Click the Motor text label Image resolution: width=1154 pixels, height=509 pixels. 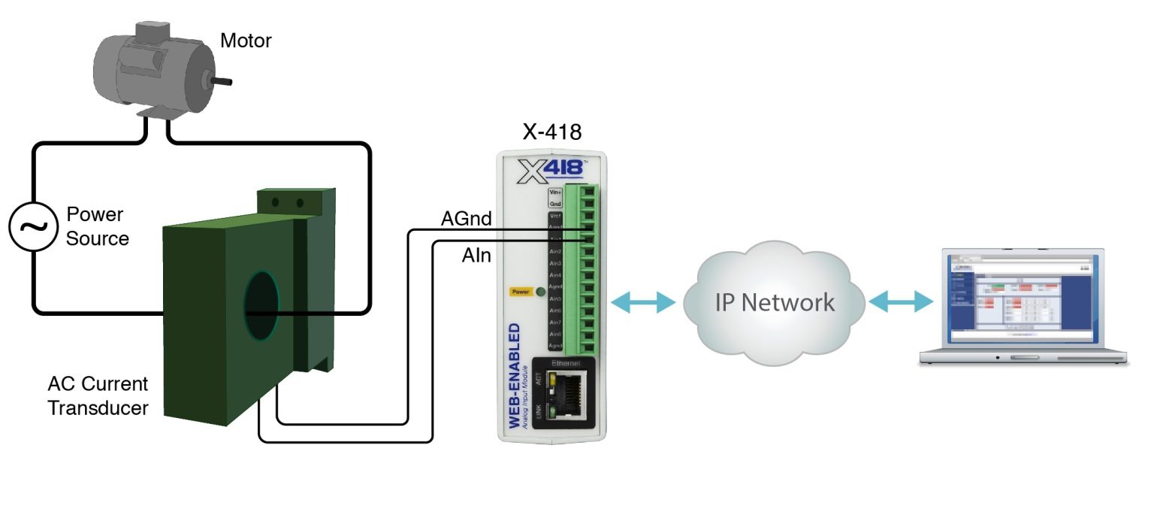point(246,40)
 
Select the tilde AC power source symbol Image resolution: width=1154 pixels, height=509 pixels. point(32,226)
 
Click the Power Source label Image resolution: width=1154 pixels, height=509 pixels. point(96,226)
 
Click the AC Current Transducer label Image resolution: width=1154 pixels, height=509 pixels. point(98,396)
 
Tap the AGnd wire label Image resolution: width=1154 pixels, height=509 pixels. point(466,219)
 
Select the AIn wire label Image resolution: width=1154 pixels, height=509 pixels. point(476,256)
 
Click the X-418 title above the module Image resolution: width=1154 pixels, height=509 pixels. point(551,132)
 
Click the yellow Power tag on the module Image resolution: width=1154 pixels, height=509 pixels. point(520,292)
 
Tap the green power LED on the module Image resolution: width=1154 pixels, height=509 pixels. point(540,292)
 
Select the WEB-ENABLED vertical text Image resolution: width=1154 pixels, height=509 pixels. point(515,376)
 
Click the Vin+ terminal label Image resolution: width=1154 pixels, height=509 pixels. point(556,192)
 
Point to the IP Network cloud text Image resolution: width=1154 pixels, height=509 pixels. point(774,302)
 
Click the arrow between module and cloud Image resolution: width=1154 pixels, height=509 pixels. point(644,302)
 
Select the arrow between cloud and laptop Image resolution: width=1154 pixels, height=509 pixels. point(901,302)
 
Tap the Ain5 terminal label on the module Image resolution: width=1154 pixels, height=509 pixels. point(556,298)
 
